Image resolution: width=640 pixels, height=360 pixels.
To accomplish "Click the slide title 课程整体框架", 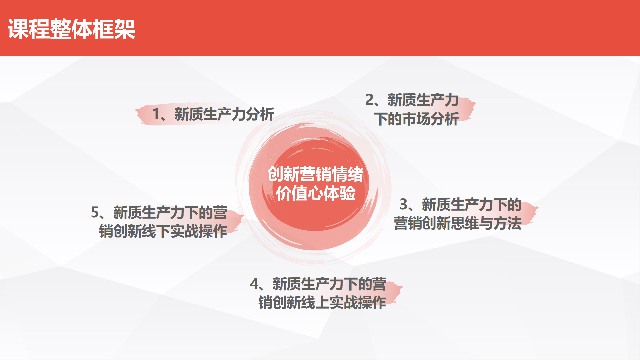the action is pyautogui.click(x=71, y=29).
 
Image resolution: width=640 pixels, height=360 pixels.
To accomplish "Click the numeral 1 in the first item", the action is pyautogui.click(x=156, y=114).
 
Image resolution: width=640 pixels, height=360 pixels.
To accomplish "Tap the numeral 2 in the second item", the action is pyautogui.click(x=370, y=100).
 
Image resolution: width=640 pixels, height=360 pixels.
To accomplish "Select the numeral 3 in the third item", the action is pyautogui.click(x=404, y=204).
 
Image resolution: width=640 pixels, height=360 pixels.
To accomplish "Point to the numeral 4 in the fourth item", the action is pyautogui.click(x=254, y=284).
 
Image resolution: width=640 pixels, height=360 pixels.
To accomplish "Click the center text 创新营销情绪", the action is pyautogui.click(x=315, y=174).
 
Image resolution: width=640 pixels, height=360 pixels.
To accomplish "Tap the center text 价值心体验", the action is pyautogui.click(x=316, y=194).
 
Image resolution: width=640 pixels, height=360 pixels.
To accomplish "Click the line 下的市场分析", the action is pyautogui.click(x=416, y=119).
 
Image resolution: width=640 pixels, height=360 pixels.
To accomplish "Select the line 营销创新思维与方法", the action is pyautogui.click(x=458, y=223).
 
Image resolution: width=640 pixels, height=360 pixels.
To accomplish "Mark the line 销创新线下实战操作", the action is pyautogui.click(x=163, y=231).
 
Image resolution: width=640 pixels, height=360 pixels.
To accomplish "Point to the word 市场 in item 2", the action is pyautogui.click(x=416, y=119).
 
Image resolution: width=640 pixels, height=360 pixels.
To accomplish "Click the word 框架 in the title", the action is pyautogui.click(x=114, y=29).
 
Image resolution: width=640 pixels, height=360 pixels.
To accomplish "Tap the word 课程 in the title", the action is pyautogui.click(x=29, y=29).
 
